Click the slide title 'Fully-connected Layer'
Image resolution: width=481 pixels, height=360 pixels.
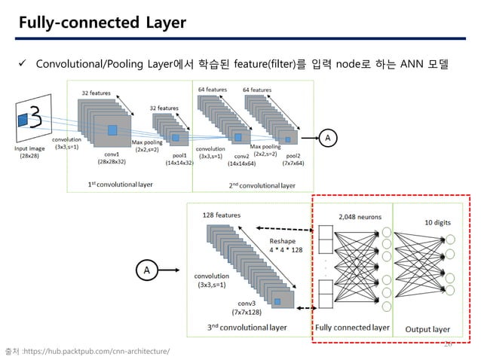tap(103, 23)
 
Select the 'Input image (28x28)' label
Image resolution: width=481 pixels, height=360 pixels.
tap(34, 152)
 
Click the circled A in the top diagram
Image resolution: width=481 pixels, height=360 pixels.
tap(327, 138)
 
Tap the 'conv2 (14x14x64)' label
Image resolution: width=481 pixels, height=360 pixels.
tap(242, 159)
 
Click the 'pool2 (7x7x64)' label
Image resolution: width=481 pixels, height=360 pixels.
tap(293, 158)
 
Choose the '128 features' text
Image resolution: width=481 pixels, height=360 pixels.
tap(221, 215)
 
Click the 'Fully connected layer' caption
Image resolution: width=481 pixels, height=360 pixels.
tap(351, 328)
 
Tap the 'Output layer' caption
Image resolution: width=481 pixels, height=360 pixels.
tap(428, 329)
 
